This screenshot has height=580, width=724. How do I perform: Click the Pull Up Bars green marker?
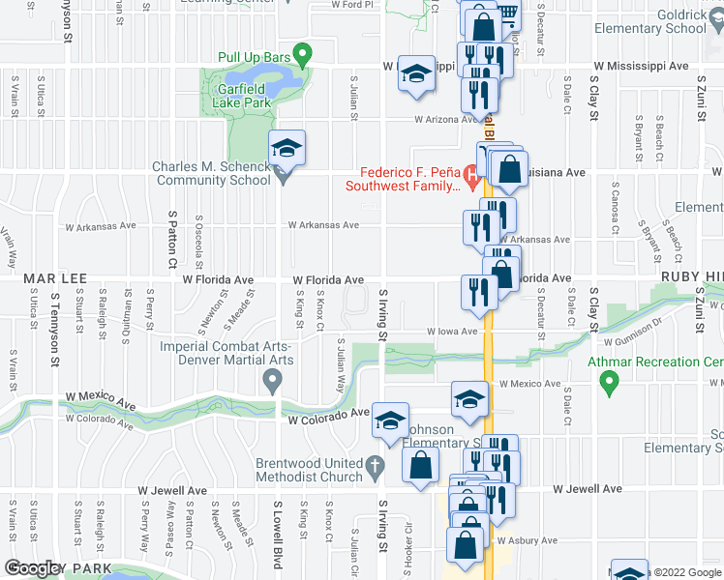302,55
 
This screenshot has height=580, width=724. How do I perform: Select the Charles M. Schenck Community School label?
211,173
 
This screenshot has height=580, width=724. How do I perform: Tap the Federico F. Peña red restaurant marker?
471,176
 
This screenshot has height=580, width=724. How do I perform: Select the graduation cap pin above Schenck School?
287,149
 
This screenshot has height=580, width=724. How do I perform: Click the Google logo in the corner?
34,568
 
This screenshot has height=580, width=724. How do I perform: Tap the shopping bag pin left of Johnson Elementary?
422,463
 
